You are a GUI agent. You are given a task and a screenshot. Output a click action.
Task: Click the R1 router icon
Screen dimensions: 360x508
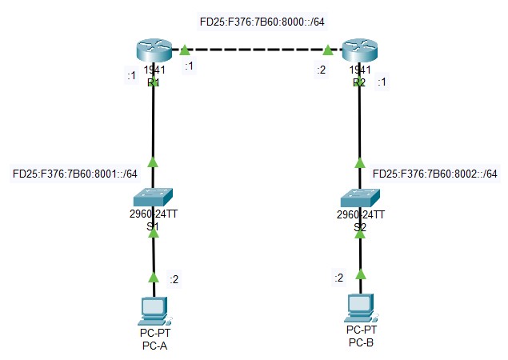click(x=153, y=50)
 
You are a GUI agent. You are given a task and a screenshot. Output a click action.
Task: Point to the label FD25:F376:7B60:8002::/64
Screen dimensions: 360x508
click(x=436, y=174)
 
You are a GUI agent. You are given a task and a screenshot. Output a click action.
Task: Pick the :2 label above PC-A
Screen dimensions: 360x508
click(x=174, y=279)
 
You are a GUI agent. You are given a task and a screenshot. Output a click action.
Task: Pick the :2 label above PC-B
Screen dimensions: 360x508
click(x=338, y=277)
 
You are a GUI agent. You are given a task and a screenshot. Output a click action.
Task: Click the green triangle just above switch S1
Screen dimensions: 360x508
click(x=153, y=162)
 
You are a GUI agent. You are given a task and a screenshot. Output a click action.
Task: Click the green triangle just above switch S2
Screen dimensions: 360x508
click(x=361, y=162)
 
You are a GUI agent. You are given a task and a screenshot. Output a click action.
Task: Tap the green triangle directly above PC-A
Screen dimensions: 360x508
click(x=153, y=277)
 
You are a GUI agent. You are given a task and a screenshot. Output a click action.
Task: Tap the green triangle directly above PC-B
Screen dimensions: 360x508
click(x=361, y=274)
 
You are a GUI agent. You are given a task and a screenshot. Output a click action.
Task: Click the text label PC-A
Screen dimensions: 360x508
click(x=153, y=346)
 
